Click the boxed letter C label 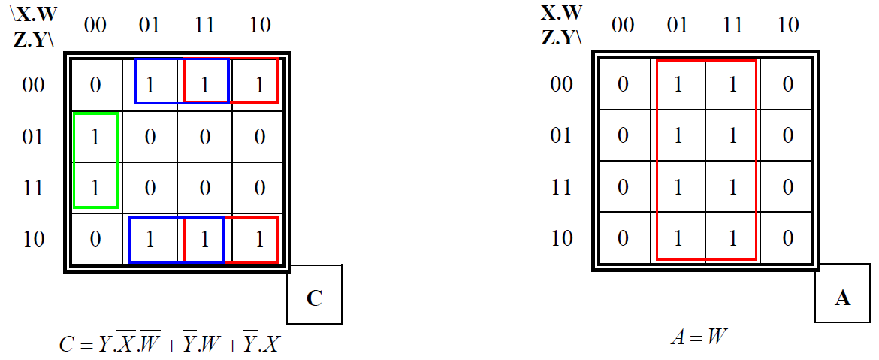[314, 298]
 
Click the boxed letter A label [842, 298]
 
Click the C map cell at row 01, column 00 [95, 137]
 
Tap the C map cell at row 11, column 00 [95, 187]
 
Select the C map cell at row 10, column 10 [259, 239]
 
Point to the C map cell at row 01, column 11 [204, 137]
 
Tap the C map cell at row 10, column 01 [150, 239]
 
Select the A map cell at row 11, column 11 [732, 187]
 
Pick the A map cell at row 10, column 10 [787, 239]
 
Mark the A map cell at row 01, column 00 [623, 137]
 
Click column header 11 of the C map [204, 26]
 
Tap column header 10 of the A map [787, 26]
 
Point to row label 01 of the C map [34, 137]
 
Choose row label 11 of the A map [561, 187]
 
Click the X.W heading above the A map [561, 13]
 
